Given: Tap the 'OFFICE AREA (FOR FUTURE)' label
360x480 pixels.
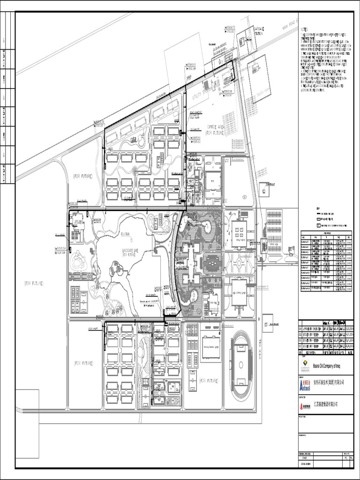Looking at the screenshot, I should [218, 130].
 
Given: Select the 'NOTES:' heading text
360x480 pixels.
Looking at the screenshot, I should [304, 29].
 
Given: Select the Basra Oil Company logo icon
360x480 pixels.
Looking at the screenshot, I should [305, 365].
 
